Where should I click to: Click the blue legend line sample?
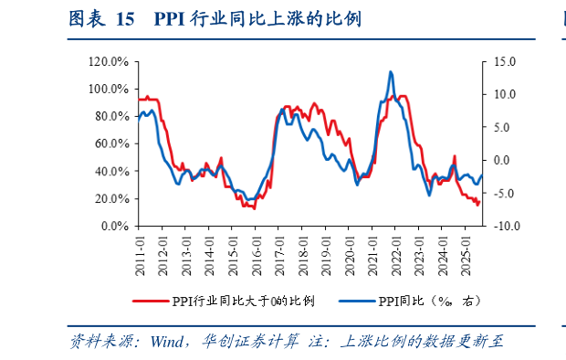[356, 301]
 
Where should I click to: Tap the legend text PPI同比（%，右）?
[428, 301]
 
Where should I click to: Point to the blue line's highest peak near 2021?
[391, 71]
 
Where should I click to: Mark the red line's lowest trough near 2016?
[253, 208]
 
